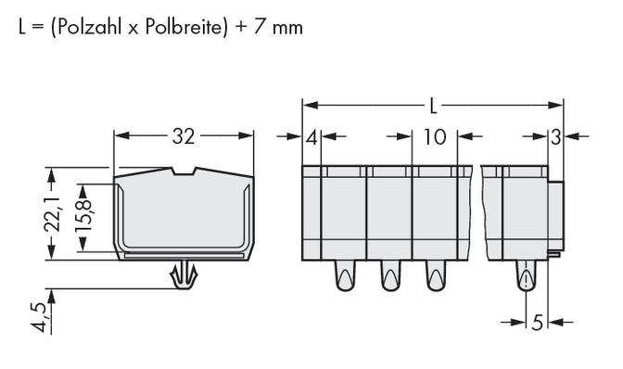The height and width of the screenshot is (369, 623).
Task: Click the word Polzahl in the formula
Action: [83, 28]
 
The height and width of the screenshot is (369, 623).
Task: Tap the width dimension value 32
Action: [184, 137]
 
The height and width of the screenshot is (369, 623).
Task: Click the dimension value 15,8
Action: [82, 213]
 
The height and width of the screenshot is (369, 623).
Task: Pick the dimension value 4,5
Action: [37, 315]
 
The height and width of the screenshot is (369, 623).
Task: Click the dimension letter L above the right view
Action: [433, 102]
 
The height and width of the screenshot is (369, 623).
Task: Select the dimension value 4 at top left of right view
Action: [311, 137]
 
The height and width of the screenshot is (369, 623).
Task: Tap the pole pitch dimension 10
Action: [434, 137]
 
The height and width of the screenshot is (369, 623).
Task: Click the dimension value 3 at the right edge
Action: [554, 137]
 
